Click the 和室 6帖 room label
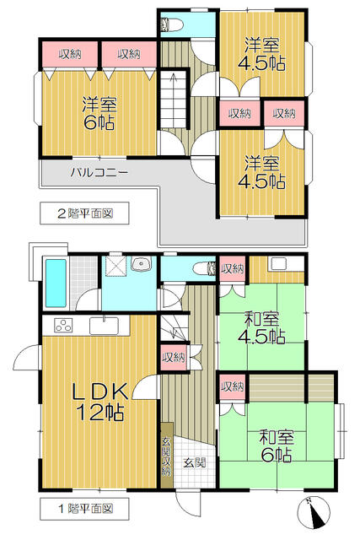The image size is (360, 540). click(x=276, y=445)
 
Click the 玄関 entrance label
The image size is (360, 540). click(x=194, y=462)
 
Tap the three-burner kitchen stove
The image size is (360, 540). click(x=65, y=325)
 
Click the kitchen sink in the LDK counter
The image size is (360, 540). click(x=106, y=326)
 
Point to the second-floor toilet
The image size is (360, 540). click(x=175, y=24)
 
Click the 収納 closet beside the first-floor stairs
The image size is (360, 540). click(x=172, y=357)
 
